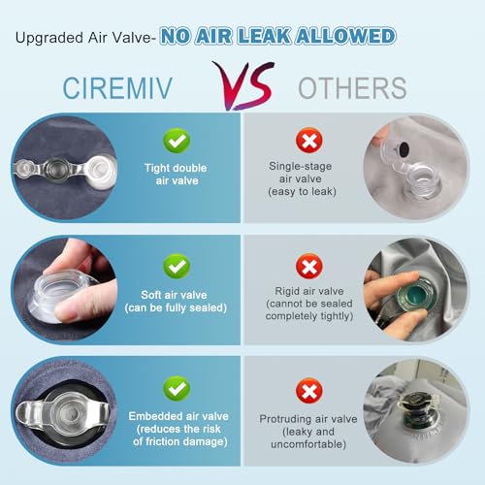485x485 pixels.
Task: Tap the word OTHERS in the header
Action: click(352, 87)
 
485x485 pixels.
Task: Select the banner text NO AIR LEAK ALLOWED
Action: click(278, 37)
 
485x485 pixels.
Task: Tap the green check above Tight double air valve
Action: click(177, 143)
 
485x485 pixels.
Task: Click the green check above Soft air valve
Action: click(177, 265)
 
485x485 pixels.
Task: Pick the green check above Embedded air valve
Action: click(177, 388)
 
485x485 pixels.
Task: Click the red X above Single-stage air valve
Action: click(307, 143)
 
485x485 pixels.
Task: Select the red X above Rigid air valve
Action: click(307, 265)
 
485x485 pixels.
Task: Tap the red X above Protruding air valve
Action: click(307, 388)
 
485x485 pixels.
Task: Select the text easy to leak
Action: click(307, 193)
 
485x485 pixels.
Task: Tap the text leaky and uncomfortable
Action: click(307, 437)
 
